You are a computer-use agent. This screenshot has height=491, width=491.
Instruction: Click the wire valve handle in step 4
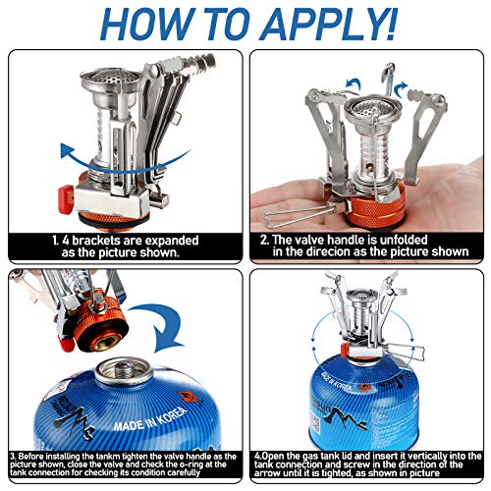point(403,348)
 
